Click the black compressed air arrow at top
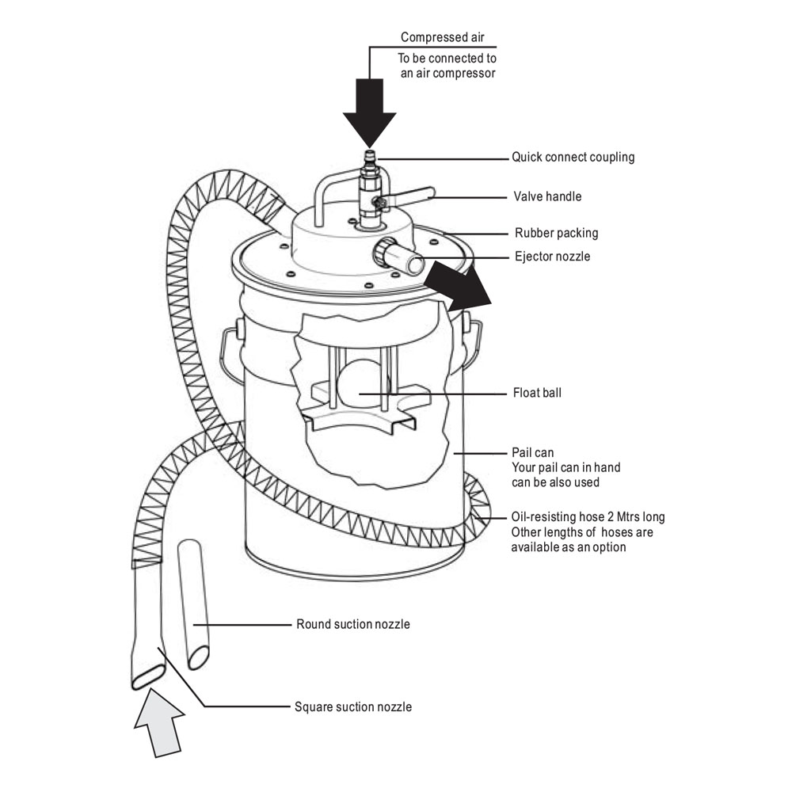[369, 111]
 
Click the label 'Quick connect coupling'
[573, 157]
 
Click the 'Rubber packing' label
[556, 233]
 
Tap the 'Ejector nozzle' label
[552, 256]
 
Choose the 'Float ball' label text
[537, 392]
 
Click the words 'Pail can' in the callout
[532, 453]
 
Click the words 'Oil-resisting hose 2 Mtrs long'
[588, 517]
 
